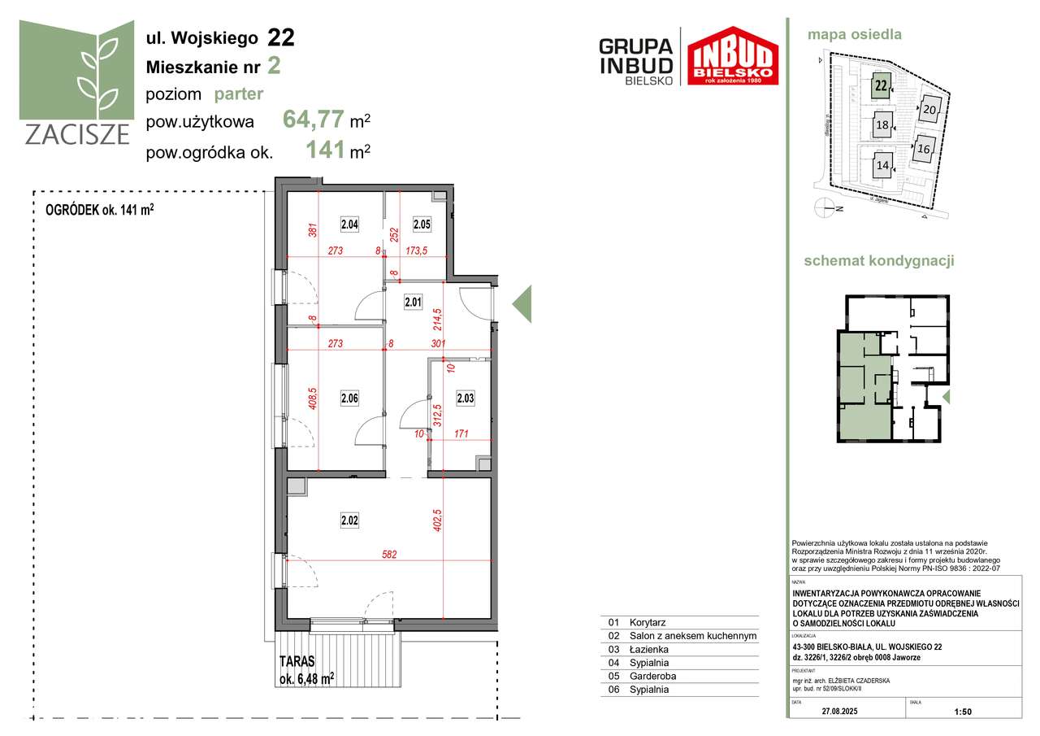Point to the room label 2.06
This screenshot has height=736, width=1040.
350,398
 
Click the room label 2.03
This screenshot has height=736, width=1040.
465,398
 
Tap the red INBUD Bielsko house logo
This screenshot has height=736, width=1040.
733,57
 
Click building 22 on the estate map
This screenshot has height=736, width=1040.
880,85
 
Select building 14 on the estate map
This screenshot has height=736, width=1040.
882,165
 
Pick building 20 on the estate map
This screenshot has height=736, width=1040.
930,109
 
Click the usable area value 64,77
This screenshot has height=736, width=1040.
313,121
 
